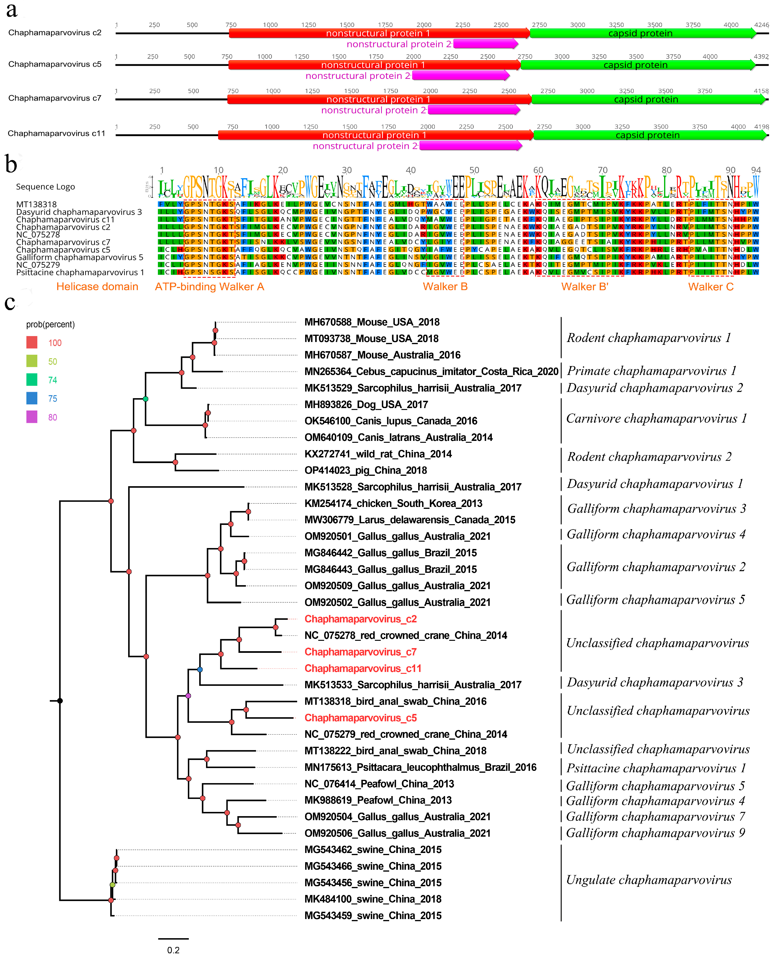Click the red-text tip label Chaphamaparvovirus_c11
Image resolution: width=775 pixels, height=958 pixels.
tap(362, 668)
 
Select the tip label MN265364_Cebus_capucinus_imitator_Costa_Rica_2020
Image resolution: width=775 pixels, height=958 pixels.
tap(431, 371)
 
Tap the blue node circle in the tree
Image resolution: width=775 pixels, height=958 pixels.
tap(200, 670)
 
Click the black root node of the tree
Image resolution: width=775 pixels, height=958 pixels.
tap(60, 701)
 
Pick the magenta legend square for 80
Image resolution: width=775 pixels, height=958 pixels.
tap(32, 417)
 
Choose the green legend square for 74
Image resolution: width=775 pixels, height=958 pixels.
tap(32, 380)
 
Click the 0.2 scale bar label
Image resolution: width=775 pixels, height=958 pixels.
tap(173, 950)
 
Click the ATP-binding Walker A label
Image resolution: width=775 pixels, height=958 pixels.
tap(209, 287)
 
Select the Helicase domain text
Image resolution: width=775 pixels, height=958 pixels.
tap(97, 287)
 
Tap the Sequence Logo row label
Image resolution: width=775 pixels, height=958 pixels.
tap(46, 187)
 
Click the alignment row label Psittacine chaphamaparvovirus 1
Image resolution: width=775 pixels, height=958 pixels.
tap(80, 272)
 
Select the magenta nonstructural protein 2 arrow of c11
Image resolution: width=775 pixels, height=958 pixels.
tap(470, 146)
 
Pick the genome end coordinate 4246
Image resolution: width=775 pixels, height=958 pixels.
tap(761, 25)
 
